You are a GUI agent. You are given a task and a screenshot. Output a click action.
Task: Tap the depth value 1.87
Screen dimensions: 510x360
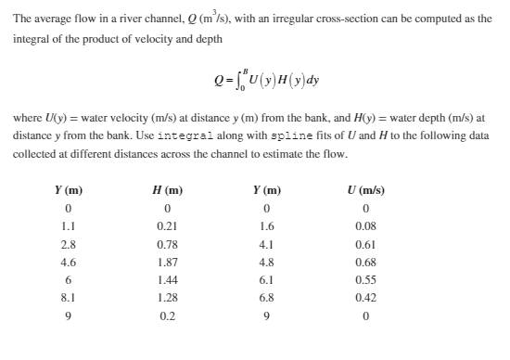[168, 262]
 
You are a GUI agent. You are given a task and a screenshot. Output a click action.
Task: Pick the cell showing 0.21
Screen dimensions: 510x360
[168, 226]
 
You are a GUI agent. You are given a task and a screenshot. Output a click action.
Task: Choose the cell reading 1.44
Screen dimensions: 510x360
[168, 279]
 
